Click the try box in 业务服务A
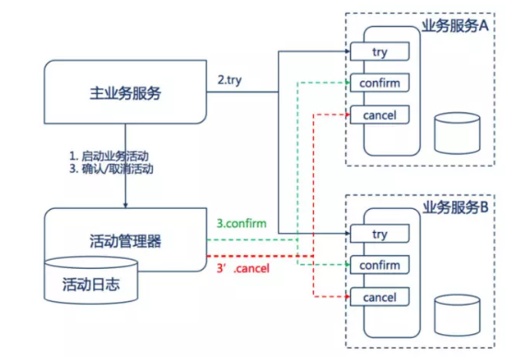pos(378,52)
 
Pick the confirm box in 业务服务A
pos(378,84)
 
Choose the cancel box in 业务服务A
pos(378,115)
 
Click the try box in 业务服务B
pos(378,235)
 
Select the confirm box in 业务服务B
pos(378,266)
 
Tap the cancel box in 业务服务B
pos(378,297)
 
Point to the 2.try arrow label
pos(231,81)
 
